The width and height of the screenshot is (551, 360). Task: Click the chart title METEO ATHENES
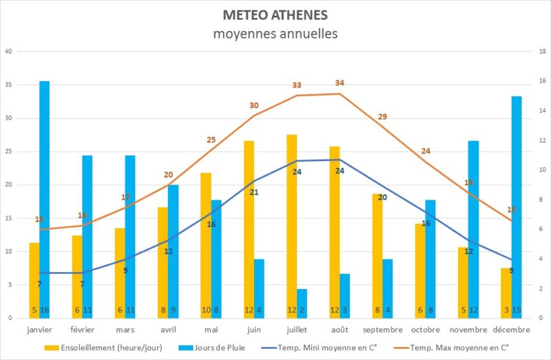[x=275, y=15]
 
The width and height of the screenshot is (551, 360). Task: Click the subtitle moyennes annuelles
[x=275, y=33]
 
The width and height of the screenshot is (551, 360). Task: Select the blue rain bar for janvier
[x=44, y=200]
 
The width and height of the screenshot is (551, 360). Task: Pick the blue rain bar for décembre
[x=517, y=207]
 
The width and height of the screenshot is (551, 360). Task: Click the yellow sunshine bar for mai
[x=206, y=245]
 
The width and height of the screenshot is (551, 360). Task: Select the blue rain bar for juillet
[x=302, y=303]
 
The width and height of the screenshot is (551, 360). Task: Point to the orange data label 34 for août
[x=340, y=83]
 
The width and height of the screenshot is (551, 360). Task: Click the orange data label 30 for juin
[x=254, y=105]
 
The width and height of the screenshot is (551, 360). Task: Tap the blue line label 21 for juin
[x=254, y=192]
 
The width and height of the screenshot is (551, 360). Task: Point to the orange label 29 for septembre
[x=382, y=116]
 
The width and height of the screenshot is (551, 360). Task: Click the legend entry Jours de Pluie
[x=209, y=348]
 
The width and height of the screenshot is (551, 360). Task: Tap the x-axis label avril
[x=168, y=330]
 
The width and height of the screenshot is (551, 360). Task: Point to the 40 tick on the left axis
[x=8, y=52]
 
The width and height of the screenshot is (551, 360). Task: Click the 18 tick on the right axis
[x=543, y=52]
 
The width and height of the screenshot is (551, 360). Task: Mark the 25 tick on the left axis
[x=8, y=151]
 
